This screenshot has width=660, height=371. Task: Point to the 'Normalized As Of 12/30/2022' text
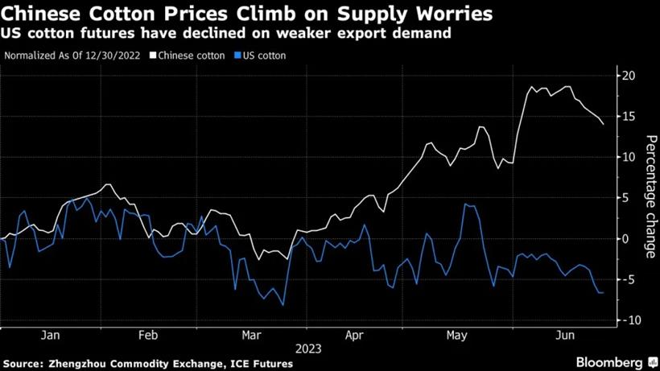pyautogui.click(x=76, y=56)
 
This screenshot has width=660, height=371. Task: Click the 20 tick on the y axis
pyautogui.click(x=629, y=76)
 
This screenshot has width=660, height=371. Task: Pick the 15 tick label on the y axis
pyautogui.click(x=629, y=117)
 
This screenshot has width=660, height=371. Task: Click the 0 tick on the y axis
pyautogui.click(x=625, y=238)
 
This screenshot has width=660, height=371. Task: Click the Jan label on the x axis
pyautogui.click(x=48, y=335)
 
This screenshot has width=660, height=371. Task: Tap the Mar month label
pyautogui.click(x=251, y=335)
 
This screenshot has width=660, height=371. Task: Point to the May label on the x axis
pyautogui.click(x=456, y=335)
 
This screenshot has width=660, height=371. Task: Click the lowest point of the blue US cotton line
pyautogui.click(x=283, y=305)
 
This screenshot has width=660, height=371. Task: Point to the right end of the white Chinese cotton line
pyautogui.click(x=604, y=124)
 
